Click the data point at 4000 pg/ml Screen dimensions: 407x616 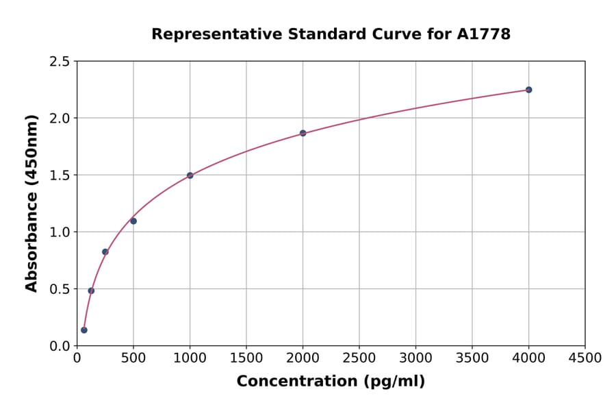[528, 90]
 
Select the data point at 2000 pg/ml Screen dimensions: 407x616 [303, 133]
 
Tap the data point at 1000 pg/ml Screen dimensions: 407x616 [190, 175]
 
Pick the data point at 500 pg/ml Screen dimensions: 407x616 [133, 221]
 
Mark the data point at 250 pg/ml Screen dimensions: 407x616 [105, 251]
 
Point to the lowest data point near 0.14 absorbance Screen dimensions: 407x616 [84, 330]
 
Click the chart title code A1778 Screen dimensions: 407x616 [483, 34]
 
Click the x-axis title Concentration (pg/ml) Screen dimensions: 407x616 [331, 381]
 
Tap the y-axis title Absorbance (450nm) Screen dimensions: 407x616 [31, 203]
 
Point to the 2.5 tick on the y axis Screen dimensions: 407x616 [60, 62]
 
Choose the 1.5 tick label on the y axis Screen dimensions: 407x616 [60, 175]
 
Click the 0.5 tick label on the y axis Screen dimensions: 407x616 [60, 289]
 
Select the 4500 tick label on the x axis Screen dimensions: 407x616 [585, 358]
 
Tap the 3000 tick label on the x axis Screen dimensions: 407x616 [415, 358]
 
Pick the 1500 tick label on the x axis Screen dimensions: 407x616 [246, 358]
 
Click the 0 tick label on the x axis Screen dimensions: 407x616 [77, 358]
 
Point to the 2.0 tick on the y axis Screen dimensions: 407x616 [60, 119]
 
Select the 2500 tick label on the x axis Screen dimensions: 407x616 [359, 358]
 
